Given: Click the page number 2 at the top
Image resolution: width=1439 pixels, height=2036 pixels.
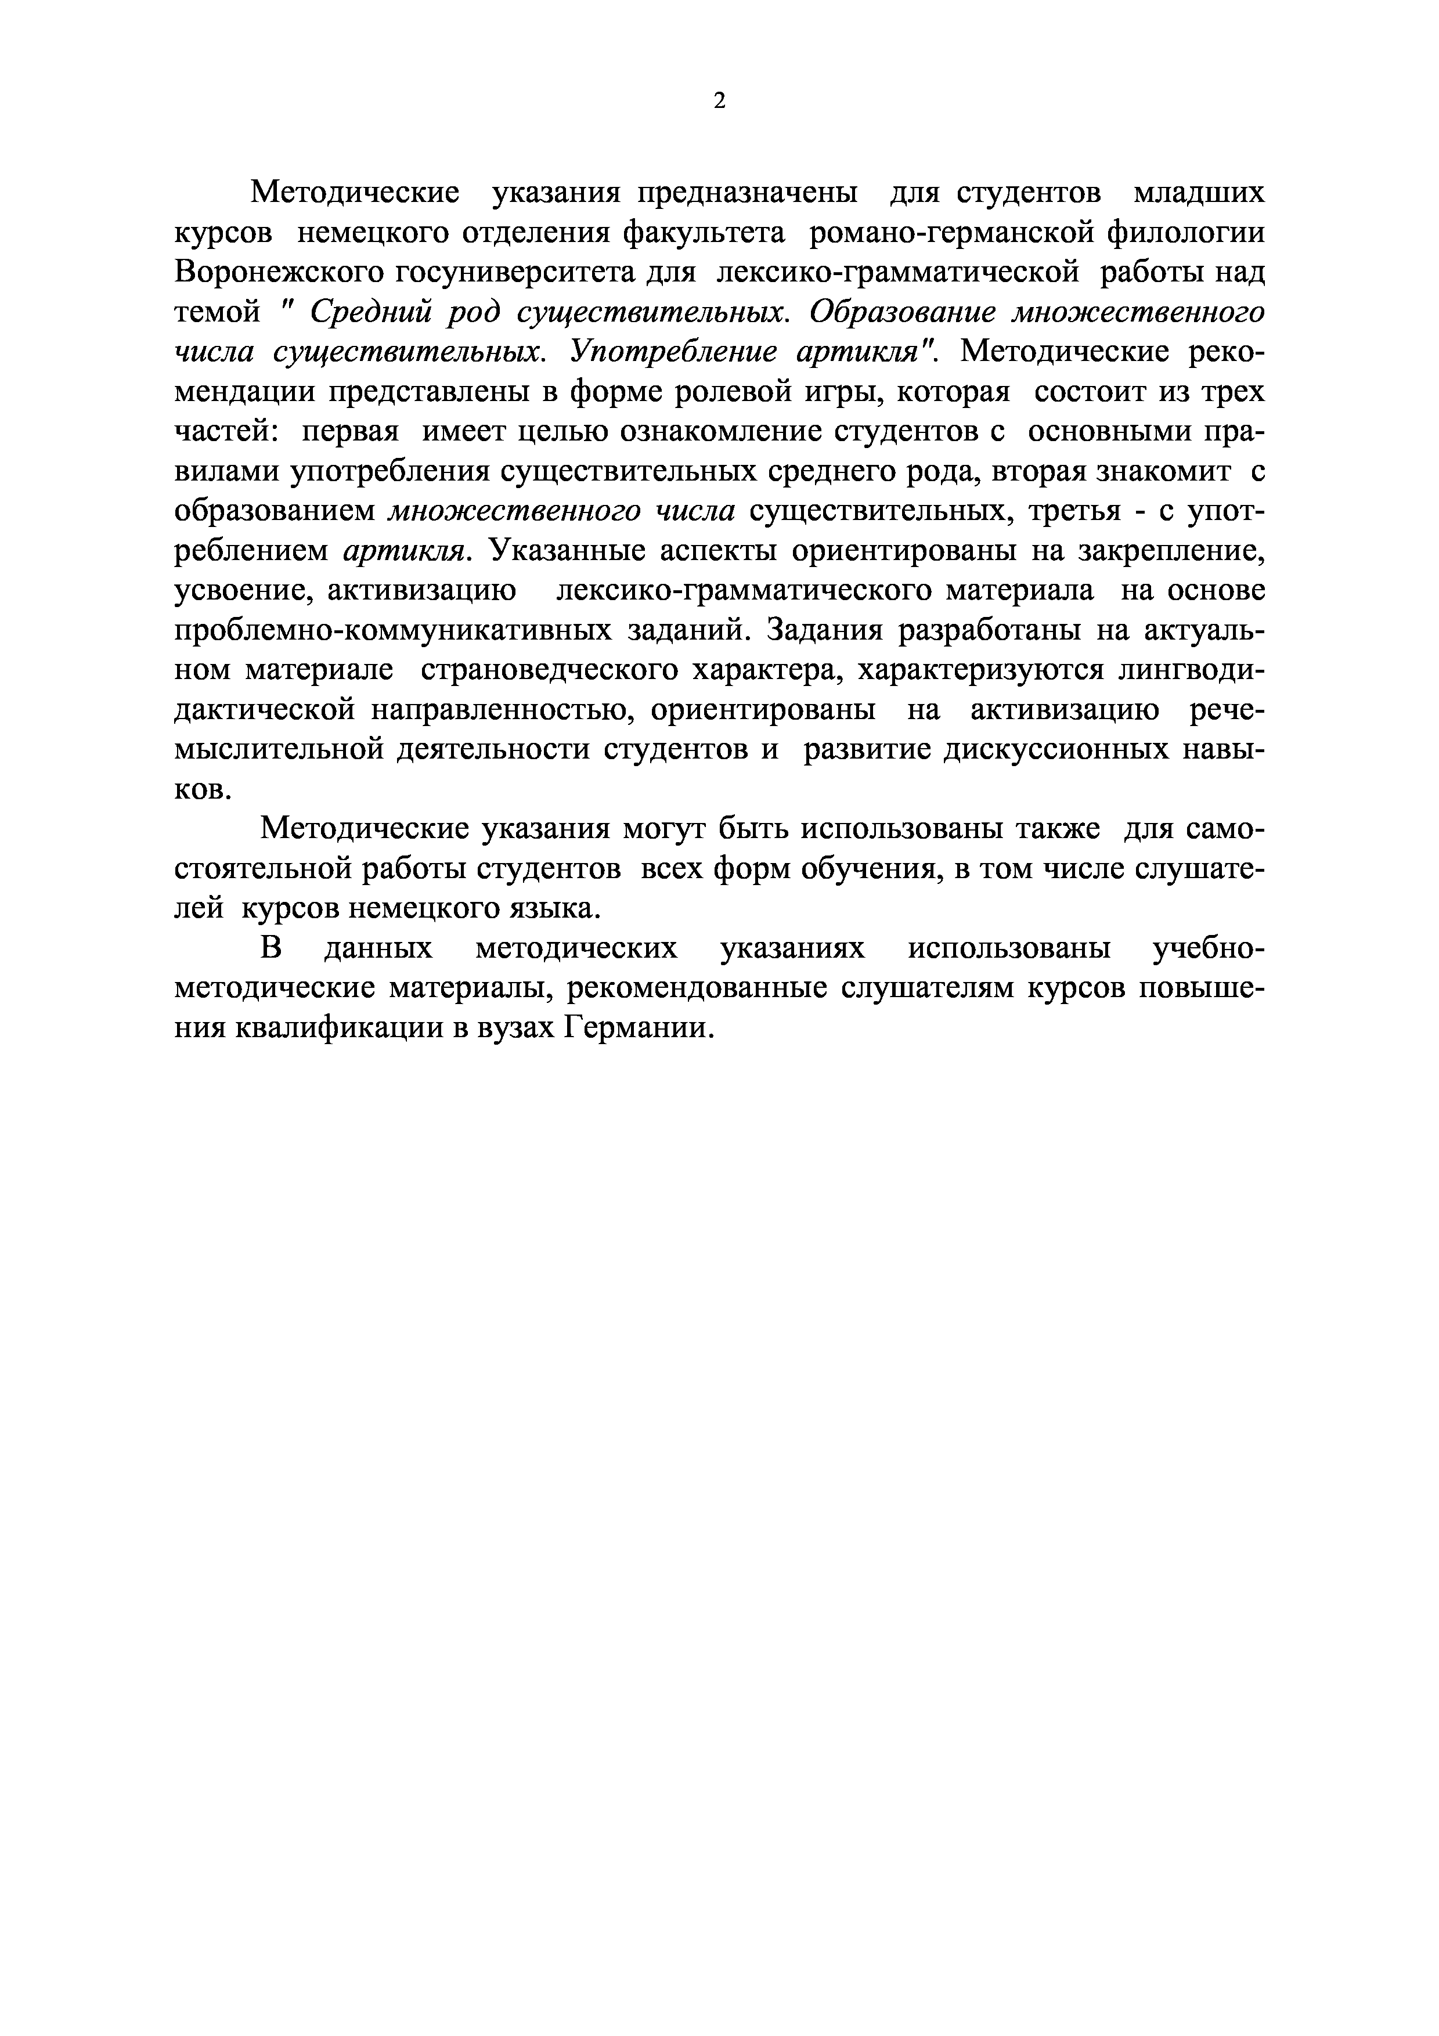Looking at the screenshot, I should [719, 101].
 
